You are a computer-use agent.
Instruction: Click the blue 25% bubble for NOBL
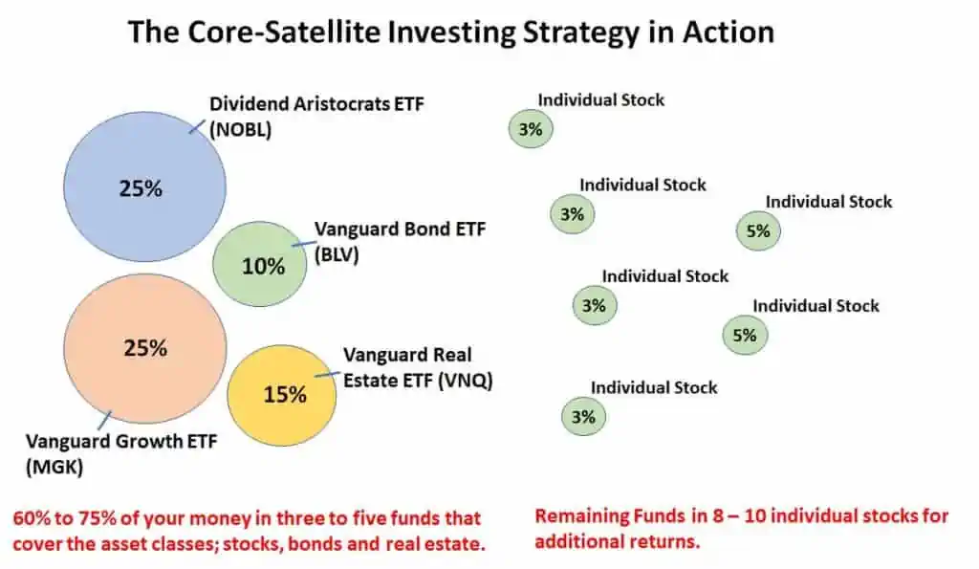click(143, 187)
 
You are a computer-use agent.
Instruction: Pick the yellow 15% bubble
click(282, 393)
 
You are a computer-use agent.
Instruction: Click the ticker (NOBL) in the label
click(241, 131)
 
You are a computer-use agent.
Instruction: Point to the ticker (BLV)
click(337, 254)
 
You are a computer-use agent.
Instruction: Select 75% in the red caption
click(92, 517)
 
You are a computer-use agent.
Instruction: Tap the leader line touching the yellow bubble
click(328, 374)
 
